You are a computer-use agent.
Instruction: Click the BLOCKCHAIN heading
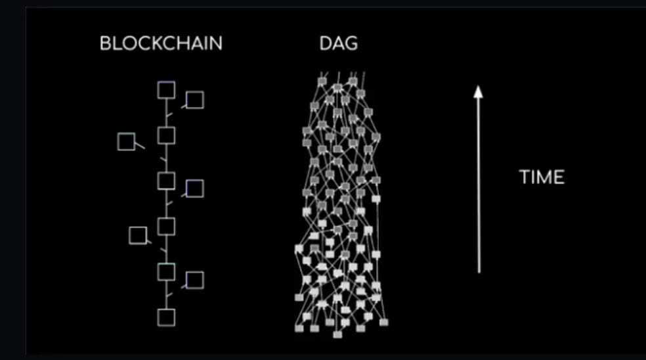click(161, 44)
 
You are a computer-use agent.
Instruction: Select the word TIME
click(542, 177)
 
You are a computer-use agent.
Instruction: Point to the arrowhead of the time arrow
click(479, 92)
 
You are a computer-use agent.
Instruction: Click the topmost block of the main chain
click(167, 91)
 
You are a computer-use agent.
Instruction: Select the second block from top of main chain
click(167, 136)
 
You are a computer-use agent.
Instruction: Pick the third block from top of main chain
click(167, 181)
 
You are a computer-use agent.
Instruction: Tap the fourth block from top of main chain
click(167, 227)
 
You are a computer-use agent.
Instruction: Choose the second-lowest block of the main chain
click(167, 271)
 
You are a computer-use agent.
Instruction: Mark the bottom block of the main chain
click(167, 317)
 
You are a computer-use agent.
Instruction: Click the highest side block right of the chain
click(195, 100)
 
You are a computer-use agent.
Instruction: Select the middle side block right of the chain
click(195, 189)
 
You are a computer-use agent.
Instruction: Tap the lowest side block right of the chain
click(195, 280)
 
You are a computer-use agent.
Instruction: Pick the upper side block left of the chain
click(126, 141)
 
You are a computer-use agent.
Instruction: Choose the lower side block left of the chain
click(138, 235)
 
